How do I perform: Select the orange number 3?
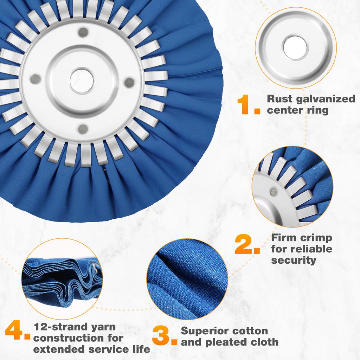click(165, 336)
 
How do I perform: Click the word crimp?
click(315, 238)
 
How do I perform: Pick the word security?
click(289, 260)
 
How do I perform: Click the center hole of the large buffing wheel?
click(82, 81)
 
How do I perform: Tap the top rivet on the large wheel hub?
click(83, 33)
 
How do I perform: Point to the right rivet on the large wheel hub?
click(130, 83)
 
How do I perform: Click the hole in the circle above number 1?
click(295, 47)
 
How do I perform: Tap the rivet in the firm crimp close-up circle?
click(273, 192)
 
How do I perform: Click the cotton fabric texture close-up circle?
click(186, 278)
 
